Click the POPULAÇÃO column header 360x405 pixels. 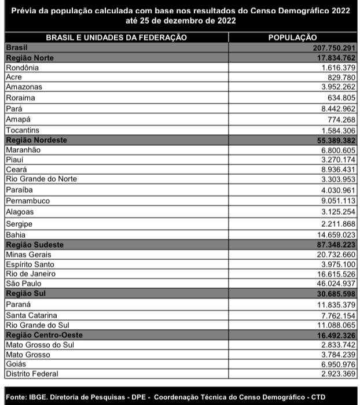pyautogui.click(x=292, y=38)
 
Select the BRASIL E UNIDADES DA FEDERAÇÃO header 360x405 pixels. pyautogui.click(x=116, y=38)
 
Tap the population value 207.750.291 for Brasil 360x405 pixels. pyautogui.click(x=329, y=47)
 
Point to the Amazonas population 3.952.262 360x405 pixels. pyautogui.click(x=333, y=87)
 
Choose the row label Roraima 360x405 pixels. pyautogui.click(x=20, y=98)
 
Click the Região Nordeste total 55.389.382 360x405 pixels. pyautogui.click(x=329, y=141)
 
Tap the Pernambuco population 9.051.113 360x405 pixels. pyautogui.click(x=333, y=201)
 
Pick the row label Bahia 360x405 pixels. pyautogui.click(x=16, y=235)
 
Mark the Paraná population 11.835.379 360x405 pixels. pyautogui.click(x=331, y=304)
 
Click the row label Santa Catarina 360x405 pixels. pyautogui.click(x=31, y=315)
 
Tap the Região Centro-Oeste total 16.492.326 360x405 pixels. pyautogui.click(x=329, y=335)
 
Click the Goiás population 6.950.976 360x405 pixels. pyautogui.click(x=333, y=364)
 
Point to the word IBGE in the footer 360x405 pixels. pyautogui.click(x=41, y=396)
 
